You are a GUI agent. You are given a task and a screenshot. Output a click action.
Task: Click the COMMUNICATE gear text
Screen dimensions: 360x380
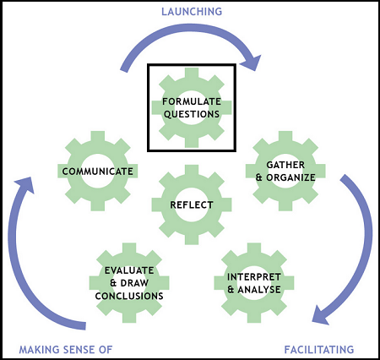(x=98, y=172)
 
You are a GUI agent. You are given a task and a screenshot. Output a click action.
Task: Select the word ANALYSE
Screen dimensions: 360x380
(x=258, y=289)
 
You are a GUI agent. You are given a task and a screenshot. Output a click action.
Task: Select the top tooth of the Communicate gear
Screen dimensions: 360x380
(x=99, y=135)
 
